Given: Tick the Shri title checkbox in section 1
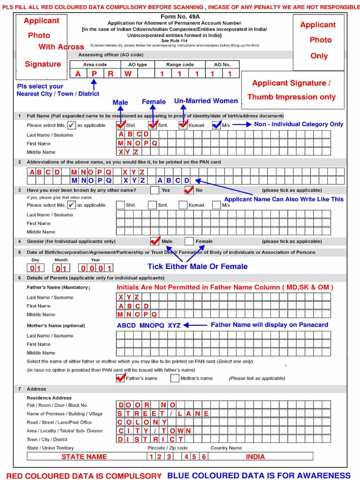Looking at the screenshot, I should (120, 125).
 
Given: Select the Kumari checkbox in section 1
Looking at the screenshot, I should (183, 125).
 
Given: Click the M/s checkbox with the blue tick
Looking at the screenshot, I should (216, 125).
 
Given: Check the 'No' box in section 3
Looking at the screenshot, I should (189, 190).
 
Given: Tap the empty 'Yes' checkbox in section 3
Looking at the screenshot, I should (155, 190).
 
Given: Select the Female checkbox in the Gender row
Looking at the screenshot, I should (189, 241).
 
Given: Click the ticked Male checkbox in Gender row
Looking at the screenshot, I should (155, 241).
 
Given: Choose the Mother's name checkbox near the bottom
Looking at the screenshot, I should (175, 378).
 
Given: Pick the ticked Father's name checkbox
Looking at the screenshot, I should (120, 378).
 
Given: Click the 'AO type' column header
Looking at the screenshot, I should (135, 65).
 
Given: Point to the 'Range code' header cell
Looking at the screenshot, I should (180, 65).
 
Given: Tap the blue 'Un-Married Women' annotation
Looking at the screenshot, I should (206, 101).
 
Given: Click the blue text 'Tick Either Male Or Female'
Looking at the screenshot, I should (197, 266).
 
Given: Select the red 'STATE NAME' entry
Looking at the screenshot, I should (84, 457).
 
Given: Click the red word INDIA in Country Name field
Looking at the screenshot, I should (255, 457).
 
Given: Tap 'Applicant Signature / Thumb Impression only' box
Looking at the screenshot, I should (292, 90).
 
